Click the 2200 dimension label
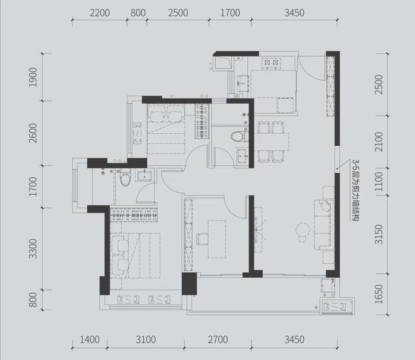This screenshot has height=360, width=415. (x=100, y=13)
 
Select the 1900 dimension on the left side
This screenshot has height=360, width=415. (x=33, y=77)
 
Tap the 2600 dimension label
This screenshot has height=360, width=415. (x=33, y=133)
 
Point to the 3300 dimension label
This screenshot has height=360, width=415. (x=33, y=249)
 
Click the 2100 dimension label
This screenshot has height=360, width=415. (x=379, y=142)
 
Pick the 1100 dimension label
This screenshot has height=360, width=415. (x=379, y=182)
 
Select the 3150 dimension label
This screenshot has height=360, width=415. (x=379, y=234)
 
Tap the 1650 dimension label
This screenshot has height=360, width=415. (x=379, y=294)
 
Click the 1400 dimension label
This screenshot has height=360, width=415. (x=90, y=340)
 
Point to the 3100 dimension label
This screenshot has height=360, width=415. (x=146, y=340)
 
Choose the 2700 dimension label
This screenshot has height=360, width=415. (x=218, y=340)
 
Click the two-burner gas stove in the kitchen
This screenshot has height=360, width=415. (x=271, y=63)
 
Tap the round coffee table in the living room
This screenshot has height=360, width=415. (x=302, y=229)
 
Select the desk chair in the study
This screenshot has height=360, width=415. (x=202, y=239)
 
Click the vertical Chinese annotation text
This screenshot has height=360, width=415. (x=355, y=190)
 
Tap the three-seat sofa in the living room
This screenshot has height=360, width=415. (x=323, y=225)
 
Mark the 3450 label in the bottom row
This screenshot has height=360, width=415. (x=294, y=340)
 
